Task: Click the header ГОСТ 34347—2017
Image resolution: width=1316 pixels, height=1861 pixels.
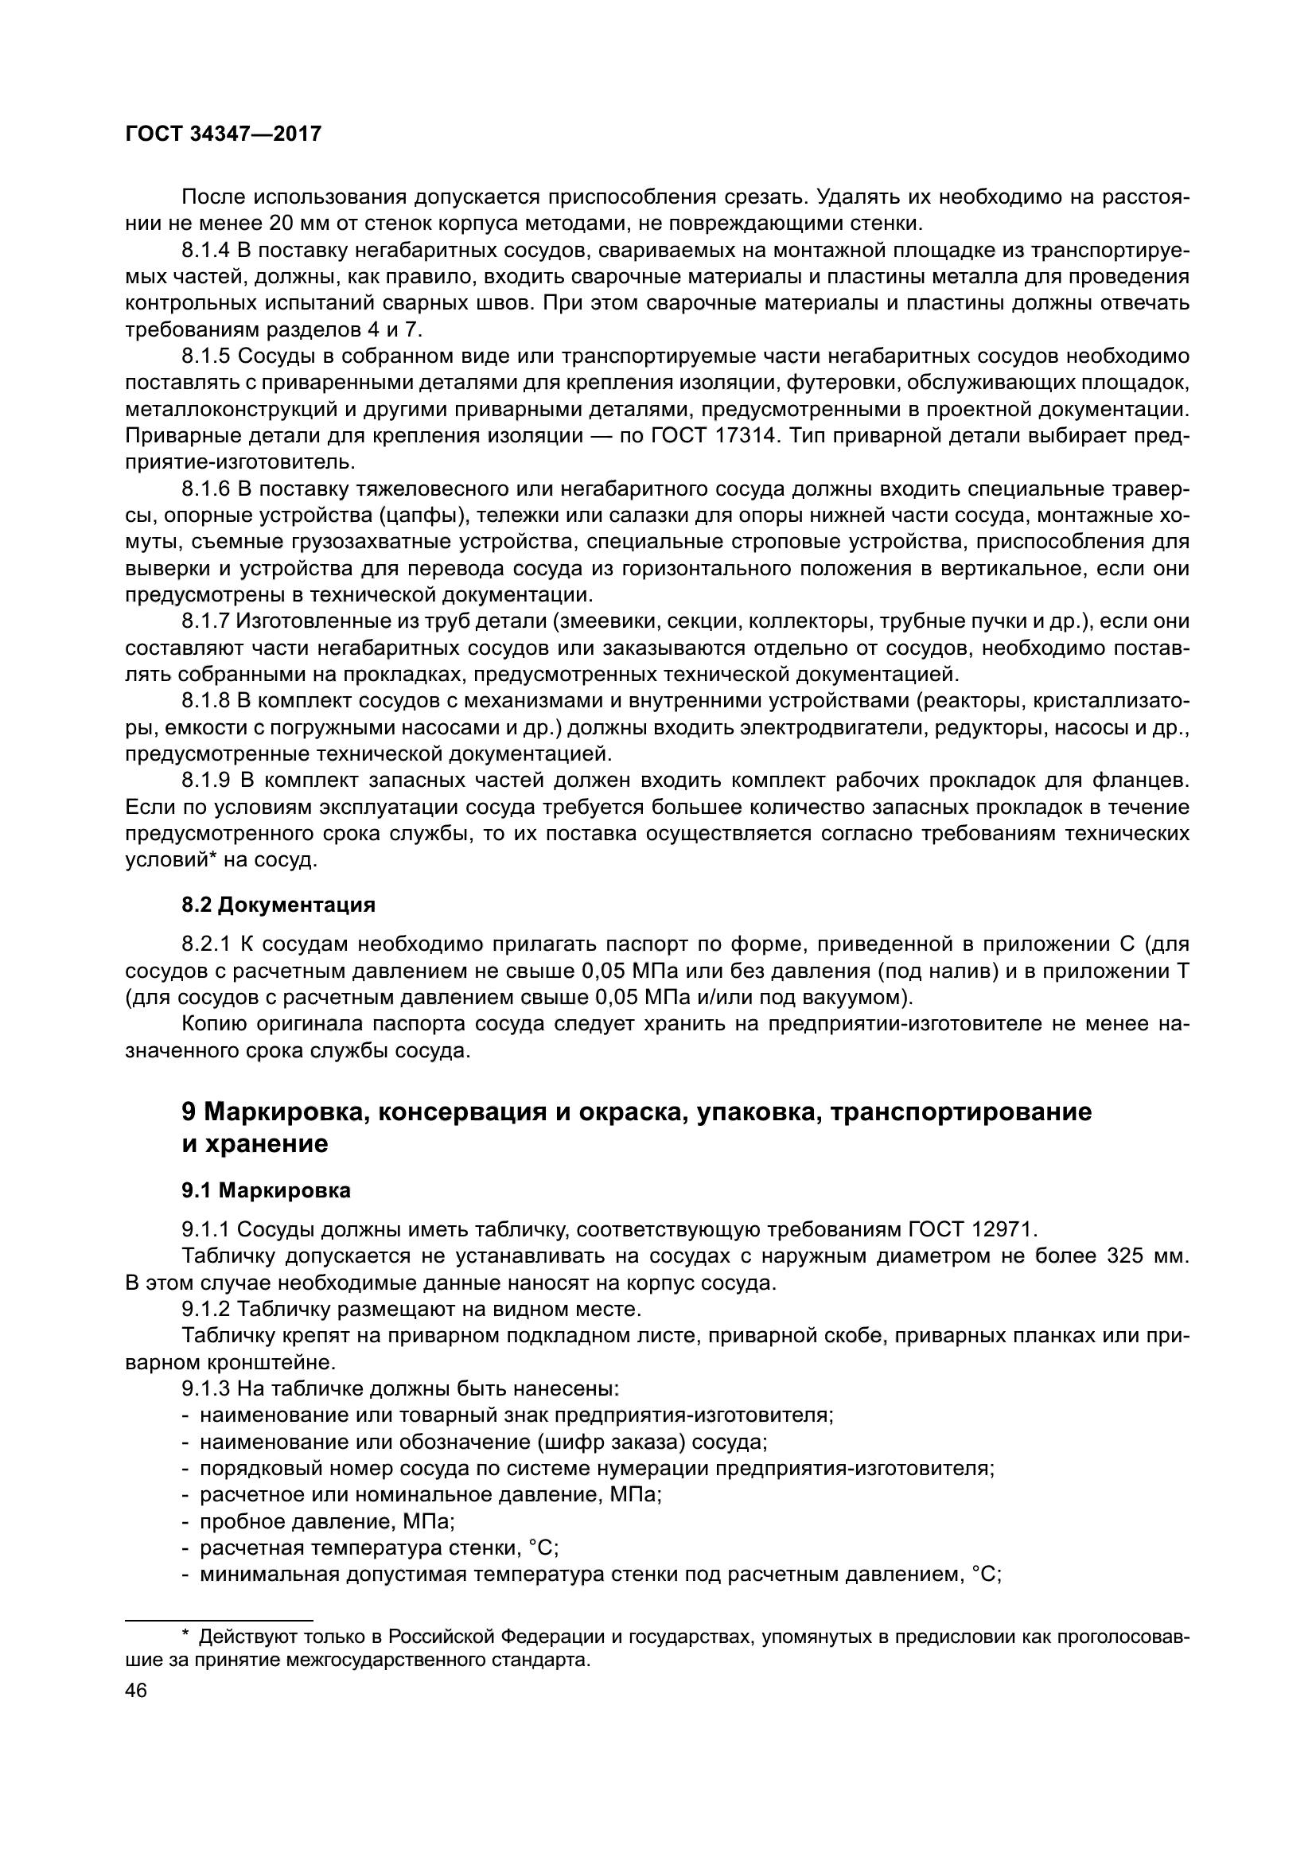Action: (x=223, y=134)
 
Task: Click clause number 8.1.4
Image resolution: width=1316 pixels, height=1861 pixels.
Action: (x=206, y=250)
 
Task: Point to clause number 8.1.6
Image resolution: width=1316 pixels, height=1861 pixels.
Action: (x=206, y=489)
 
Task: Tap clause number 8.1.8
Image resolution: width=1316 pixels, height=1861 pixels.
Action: (x=206, y=701)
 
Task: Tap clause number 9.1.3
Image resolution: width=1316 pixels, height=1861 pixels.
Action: (x=206, y=1389)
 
